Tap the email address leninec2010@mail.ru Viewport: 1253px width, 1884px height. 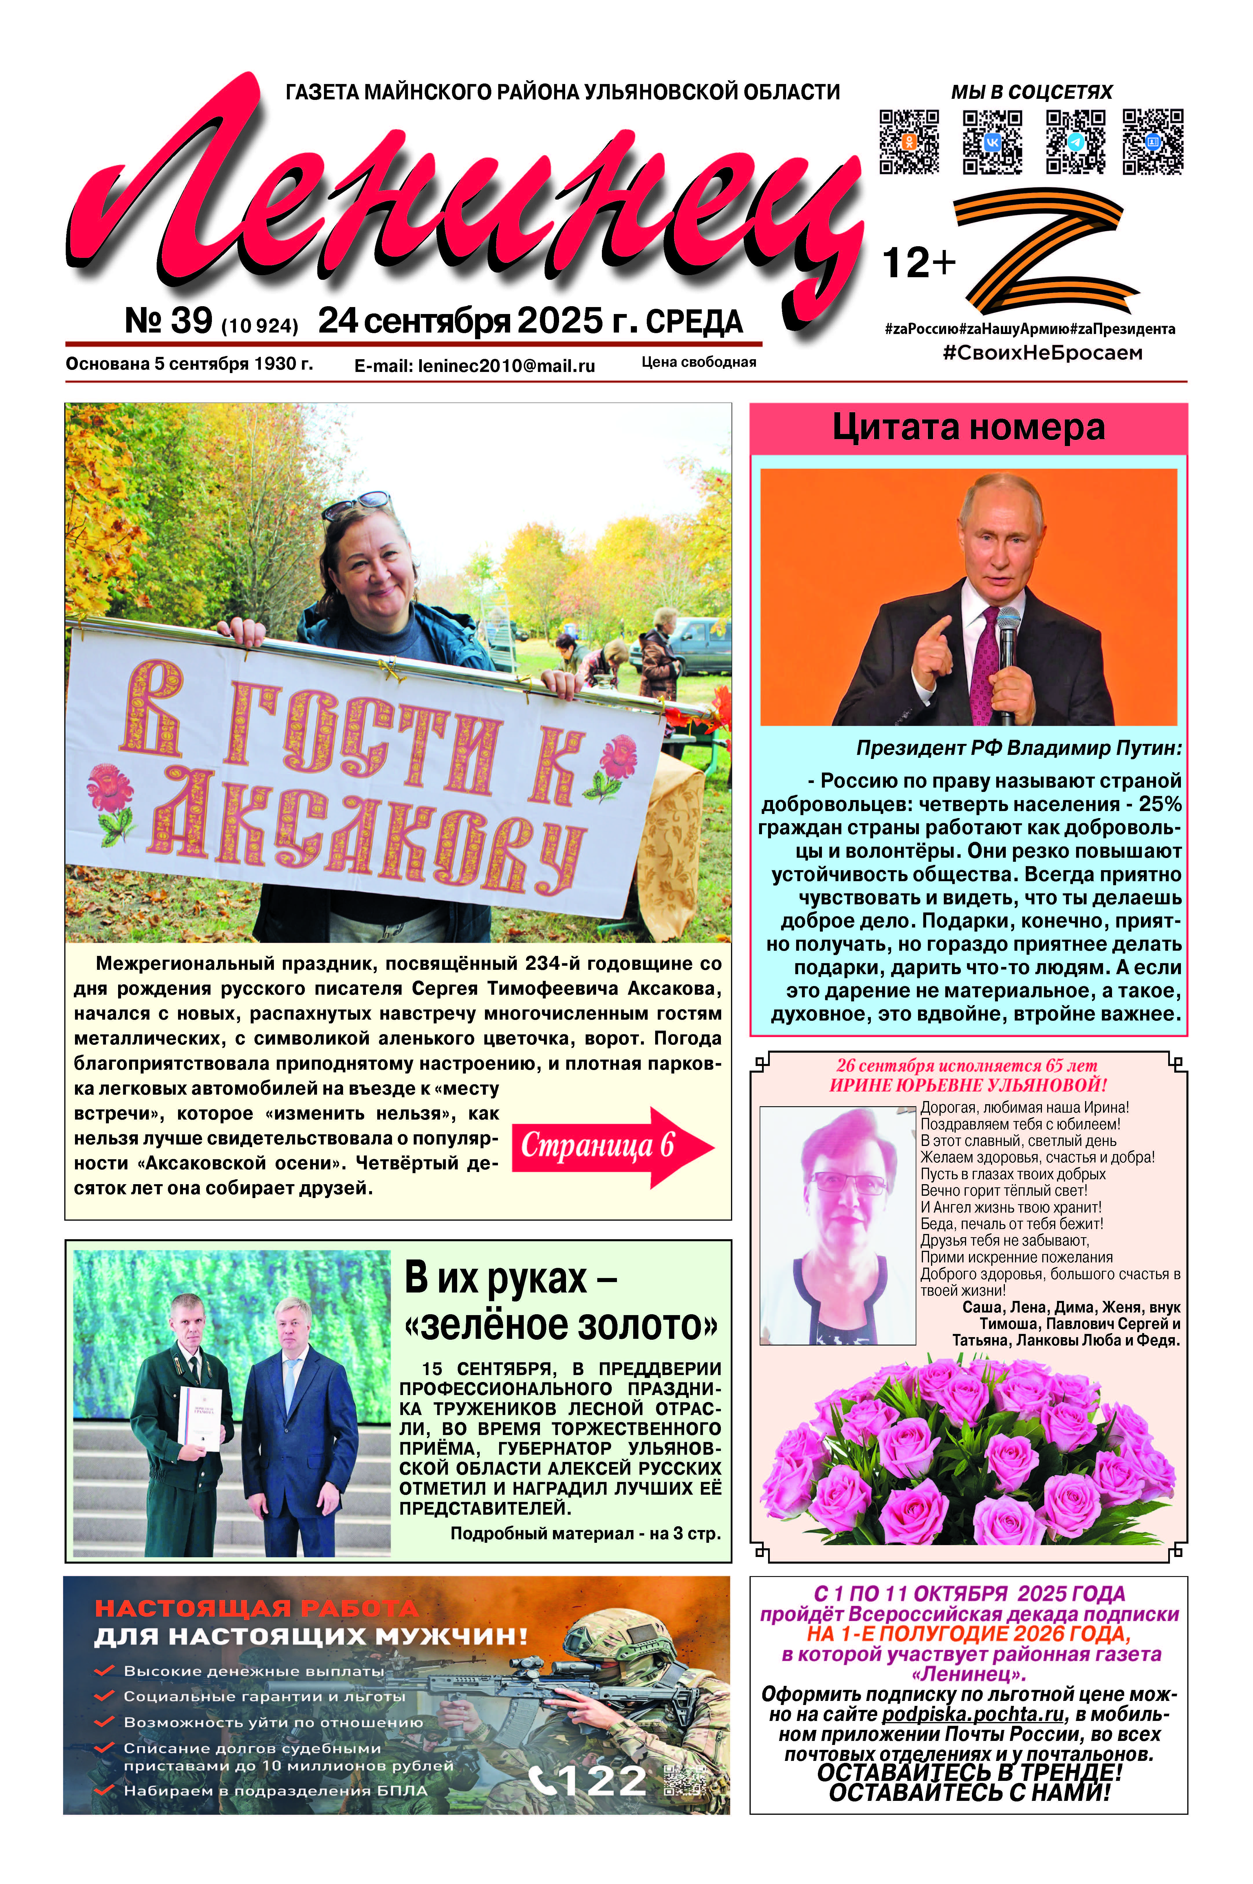[x=475, y=366]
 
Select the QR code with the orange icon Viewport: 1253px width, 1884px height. [x=908, y=141]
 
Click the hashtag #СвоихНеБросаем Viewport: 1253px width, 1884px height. [x=1042, y=353]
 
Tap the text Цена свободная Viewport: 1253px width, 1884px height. [x=698, y=362]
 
